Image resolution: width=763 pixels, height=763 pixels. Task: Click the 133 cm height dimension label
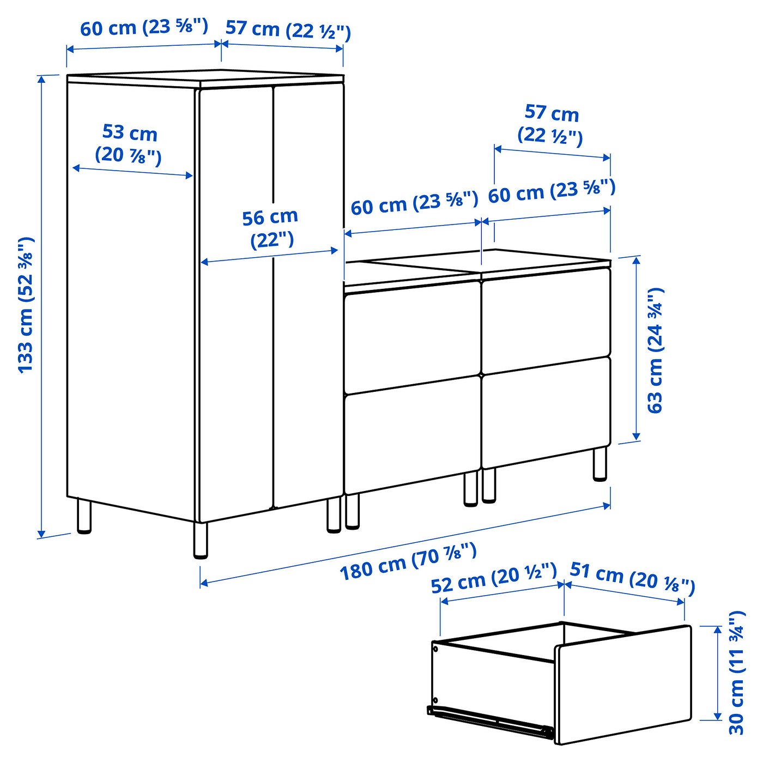(26, 305)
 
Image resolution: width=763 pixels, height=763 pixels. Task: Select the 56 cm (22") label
(270, 228)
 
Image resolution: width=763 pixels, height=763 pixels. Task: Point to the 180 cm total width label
(408, 562)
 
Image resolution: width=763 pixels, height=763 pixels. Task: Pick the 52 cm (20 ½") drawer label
(494, 578)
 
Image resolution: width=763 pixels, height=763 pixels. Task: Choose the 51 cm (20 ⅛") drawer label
(632, 577)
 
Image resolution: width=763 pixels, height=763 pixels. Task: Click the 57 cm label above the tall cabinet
(288, 29)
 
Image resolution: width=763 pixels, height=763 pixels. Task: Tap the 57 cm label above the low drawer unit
(551, 124)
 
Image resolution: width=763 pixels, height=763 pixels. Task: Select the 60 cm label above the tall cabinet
(144, 27)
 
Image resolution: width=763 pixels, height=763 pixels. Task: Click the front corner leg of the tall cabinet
(201, 540)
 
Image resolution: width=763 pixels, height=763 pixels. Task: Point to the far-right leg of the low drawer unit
(599, 463)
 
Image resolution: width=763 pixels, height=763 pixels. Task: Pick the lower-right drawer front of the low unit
(546, 412)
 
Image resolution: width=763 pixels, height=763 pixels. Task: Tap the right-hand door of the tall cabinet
(308, 294)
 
